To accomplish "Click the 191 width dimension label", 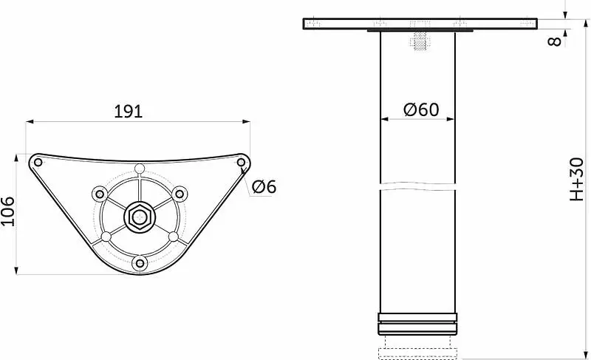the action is [x=128, y=112].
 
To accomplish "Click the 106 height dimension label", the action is [x=7, y=211].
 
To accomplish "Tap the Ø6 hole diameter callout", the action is [x=264, y=186].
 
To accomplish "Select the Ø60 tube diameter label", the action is [x=421, y=109].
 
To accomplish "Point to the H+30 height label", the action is [x=577, y=179].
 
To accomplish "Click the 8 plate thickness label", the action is [x=554, y=41].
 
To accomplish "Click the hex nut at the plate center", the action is [x=140, y=217].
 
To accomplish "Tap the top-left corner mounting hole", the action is [x=38, y=163].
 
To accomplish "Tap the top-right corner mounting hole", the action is [x=241, y=163].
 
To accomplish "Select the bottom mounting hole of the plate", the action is [x=140, y=262].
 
